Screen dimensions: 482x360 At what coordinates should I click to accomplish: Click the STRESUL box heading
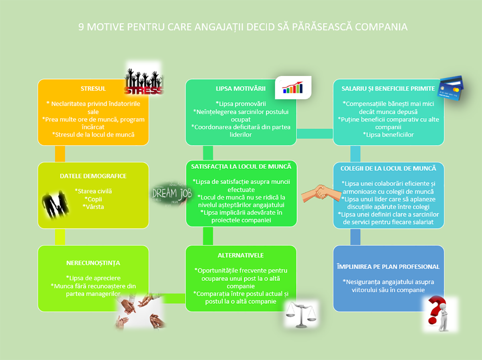(x=93, y=88)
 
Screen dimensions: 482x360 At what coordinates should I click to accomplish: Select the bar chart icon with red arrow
(x=293, y=88)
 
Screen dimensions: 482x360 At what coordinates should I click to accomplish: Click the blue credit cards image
(x=450, y=88)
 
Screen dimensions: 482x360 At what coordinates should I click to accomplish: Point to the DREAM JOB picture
(x=172, y=194)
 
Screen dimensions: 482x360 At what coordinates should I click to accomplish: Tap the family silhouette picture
(x=55, y=205)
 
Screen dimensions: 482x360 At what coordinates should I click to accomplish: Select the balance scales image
(x=301, y=314)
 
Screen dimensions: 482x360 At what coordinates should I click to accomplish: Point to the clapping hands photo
(x=141, y=311)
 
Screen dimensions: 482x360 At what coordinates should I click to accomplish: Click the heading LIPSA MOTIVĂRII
(x=241, y=88)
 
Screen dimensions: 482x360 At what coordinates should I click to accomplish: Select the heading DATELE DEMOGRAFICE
(x=93, y=176)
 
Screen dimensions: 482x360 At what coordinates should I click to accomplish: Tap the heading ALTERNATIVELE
(x=241, y=255)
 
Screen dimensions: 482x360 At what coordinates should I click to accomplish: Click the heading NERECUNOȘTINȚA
(x=93, y=263)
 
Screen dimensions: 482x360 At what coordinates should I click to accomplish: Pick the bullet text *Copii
(x=93, y=199)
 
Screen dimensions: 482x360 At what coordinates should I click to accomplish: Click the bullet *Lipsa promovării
(x=241, y=104)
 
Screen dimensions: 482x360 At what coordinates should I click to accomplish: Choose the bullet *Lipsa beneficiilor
(x=388, y=135)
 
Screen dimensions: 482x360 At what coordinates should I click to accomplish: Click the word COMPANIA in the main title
(x=381, y=27)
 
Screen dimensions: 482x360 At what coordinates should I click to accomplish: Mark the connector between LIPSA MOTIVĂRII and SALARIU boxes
(x=315, y=133)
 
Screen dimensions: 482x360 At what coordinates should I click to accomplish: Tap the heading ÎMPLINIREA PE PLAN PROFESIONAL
(x=388, y=267)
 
